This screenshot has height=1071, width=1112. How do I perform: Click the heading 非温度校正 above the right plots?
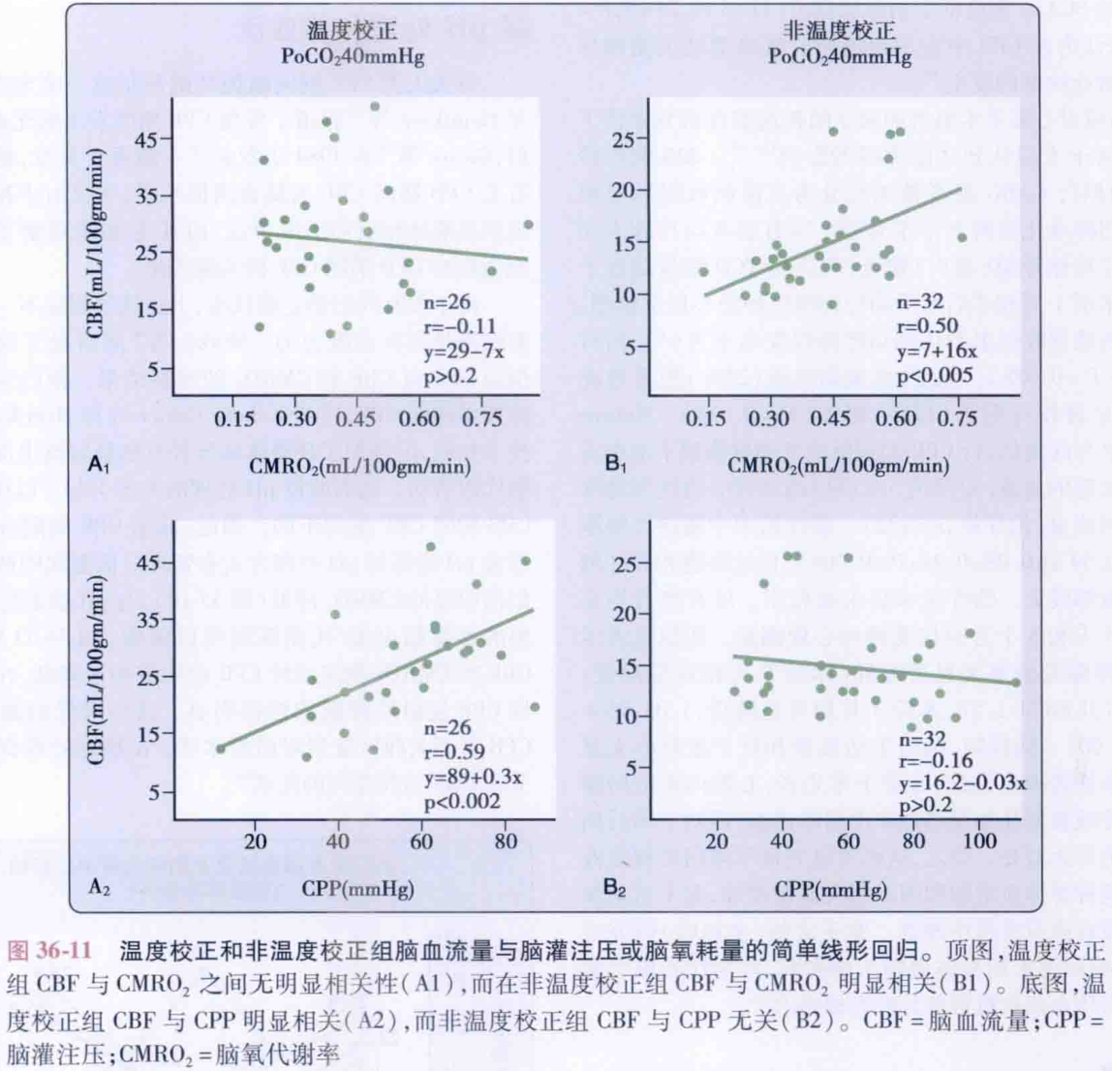point(839,31)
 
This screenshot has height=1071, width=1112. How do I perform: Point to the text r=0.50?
point(927,326)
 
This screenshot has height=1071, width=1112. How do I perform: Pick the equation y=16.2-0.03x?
point(961,781)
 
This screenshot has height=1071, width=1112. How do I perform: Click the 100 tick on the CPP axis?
point(979,841)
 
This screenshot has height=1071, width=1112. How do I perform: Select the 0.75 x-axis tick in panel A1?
point(480,418)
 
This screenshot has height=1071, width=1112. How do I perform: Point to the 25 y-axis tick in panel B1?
point(625,139)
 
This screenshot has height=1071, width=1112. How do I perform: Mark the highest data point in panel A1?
point(375,107)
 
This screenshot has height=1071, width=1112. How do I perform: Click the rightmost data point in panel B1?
point(962,237)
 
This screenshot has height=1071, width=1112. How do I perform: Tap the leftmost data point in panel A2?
point(221,749)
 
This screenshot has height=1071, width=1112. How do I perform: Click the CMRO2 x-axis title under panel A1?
point(360,466)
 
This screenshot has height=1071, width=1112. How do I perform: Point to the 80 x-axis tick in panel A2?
point(505,841)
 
